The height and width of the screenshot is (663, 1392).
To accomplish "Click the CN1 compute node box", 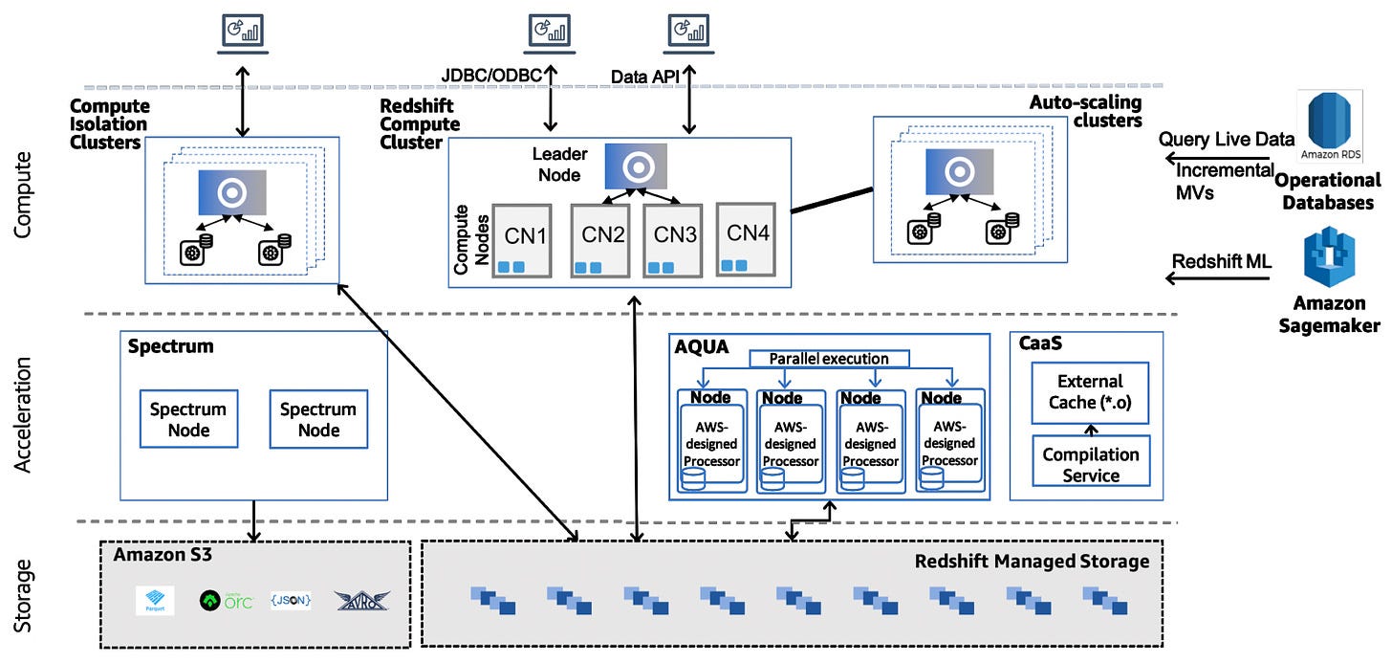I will [x=522, y=240].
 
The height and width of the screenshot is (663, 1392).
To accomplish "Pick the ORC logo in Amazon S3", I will [x=226, y=600].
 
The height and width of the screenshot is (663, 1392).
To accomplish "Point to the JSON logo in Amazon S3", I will [x=291, y=600].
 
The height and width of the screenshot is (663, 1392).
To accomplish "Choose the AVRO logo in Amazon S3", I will [x=361, y=600].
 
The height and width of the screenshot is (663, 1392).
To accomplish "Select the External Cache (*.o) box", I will [x=1090, y=391].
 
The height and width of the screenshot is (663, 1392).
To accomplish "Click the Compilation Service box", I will [x=1090, y=464].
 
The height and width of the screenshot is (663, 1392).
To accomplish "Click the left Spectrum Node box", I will [x=188, y=419].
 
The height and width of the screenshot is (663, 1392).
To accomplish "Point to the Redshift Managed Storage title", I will [x=1032, y=562].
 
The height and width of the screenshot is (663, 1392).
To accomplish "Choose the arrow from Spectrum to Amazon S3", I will [x=253, y=519].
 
